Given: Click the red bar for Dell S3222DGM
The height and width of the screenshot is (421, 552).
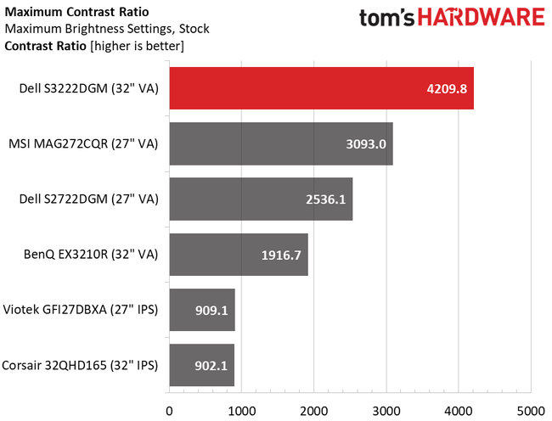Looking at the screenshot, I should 321,87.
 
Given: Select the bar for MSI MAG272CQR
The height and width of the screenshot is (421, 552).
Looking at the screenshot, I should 280,143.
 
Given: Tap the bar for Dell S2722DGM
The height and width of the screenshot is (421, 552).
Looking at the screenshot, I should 261,199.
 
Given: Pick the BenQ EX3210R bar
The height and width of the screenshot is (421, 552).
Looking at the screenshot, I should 238,255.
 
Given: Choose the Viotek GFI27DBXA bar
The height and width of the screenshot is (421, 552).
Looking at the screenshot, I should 201,310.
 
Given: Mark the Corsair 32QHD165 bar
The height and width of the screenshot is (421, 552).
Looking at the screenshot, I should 201,365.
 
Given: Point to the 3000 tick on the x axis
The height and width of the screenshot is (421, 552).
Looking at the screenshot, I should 386,410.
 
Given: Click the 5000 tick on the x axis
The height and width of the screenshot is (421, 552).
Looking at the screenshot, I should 531,410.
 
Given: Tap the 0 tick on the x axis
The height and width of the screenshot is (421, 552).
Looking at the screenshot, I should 170,410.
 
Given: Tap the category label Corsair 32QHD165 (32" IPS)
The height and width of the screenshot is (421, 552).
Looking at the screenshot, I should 82,365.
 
